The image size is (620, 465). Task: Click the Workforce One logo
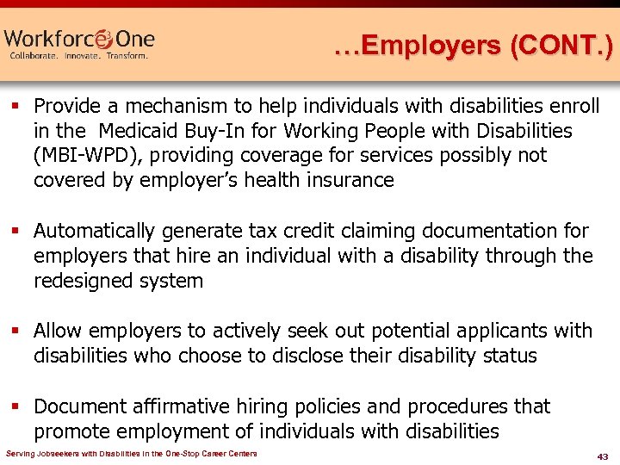coord(79,42)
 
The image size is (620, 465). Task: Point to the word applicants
coord(520,331)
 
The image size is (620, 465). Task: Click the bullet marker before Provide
coord(16,107)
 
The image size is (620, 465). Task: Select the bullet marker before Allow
coord(16,332)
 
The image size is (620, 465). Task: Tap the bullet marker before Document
coord(16,406)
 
